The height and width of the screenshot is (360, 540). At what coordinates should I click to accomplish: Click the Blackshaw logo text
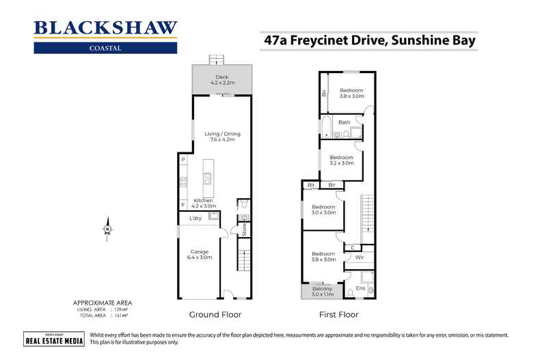click(106, 29)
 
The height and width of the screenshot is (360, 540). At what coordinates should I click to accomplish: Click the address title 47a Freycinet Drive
click(369, 41)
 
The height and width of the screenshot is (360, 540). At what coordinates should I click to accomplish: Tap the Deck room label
click(221, 77)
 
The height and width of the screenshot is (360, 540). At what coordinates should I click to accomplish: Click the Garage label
click(200, 251)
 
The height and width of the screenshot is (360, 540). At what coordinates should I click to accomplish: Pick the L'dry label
click(195, 219)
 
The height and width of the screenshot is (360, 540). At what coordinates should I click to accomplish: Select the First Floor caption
click(338, 315)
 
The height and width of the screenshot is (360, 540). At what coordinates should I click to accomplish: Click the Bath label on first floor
click(345, 123)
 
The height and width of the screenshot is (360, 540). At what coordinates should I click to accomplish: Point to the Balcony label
click(323, 289)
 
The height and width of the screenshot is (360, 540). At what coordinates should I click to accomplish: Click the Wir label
click(360, 258)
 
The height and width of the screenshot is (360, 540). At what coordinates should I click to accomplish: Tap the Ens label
click(361, 289)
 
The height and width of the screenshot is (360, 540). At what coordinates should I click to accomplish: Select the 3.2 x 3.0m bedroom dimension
click(342, 163)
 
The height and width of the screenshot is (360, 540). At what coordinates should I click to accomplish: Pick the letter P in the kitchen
click(183, 160)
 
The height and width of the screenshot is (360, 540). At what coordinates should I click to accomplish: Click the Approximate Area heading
click(103, 302)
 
